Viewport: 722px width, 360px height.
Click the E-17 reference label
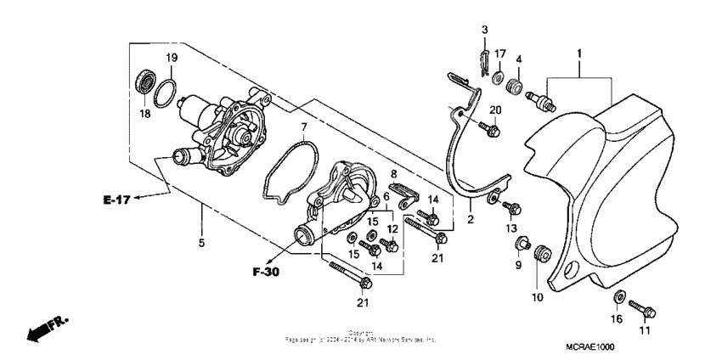116,200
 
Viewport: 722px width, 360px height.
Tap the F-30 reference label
267,272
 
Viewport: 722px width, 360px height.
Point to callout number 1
580,54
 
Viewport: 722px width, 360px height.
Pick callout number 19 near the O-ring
170,57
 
